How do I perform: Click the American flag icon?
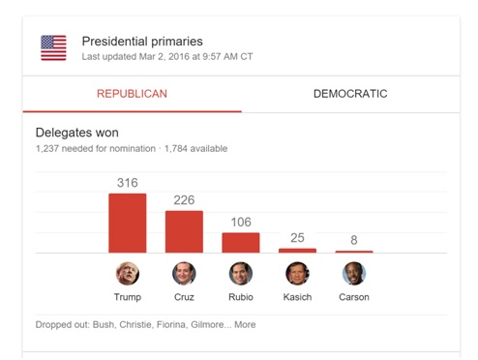(x=53, y=47)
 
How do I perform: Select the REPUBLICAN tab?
(x=132, y=94)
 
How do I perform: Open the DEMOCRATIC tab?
(x=350, y=94)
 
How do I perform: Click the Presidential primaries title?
(x=142, y=42)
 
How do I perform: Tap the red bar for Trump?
(x=128, y=224)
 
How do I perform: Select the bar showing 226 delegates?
(x=184, y=231)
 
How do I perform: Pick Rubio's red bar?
(x=241, y=243)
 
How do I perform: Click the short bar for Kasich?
(x=297, y=251)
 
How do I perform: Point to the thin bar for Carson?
(x=354, y=252)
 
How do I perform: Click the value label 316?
(x=128, y=183)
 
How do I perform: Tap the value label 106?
(x=241, y=223)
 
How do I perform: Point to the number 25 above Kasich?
(x=297, y=238)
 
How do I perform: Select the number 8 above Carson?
(x=354, y=240)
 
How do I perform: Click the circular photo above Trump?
(x=128, y=274)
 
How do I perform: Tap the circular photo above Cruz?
(x=184, y=274)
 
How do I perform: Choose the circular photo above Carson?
(x=354, y=274)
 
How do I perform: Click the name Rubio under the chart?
(x=241, y=297)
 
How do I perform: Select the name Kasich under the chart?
(x=297, y=297)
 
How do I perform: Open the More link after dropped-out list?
(x=245, y=325)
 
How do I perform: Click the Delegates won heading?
(x=77, y=133)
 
